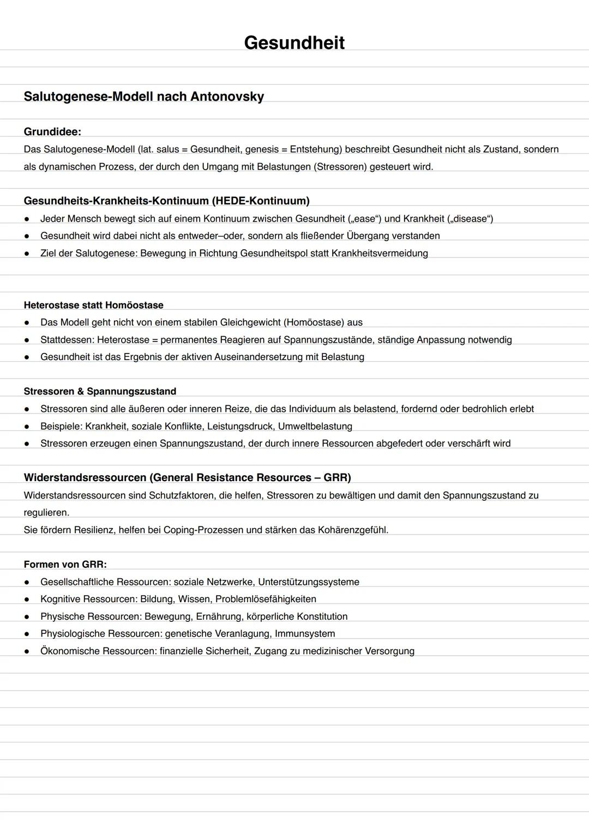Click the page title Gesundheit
294,43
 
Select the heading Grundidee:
52,131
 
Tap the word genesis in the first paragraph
262,149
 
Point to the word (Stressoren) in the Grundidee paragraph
340,166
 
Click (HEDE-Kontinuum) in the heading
261,201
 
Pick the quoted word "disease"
470,219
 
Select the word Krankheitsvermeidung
380,253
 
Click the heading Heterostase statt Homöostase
93,305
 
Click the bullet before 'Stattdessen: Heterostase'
26,340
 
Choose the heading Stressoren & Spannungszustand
100,391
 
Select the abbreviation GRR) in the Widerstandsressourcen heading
337,477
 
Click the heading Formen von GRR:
65,564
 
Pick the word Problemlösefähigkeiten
266,599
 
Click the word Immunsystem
305,633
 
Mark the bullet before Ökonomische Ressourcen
26,651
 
